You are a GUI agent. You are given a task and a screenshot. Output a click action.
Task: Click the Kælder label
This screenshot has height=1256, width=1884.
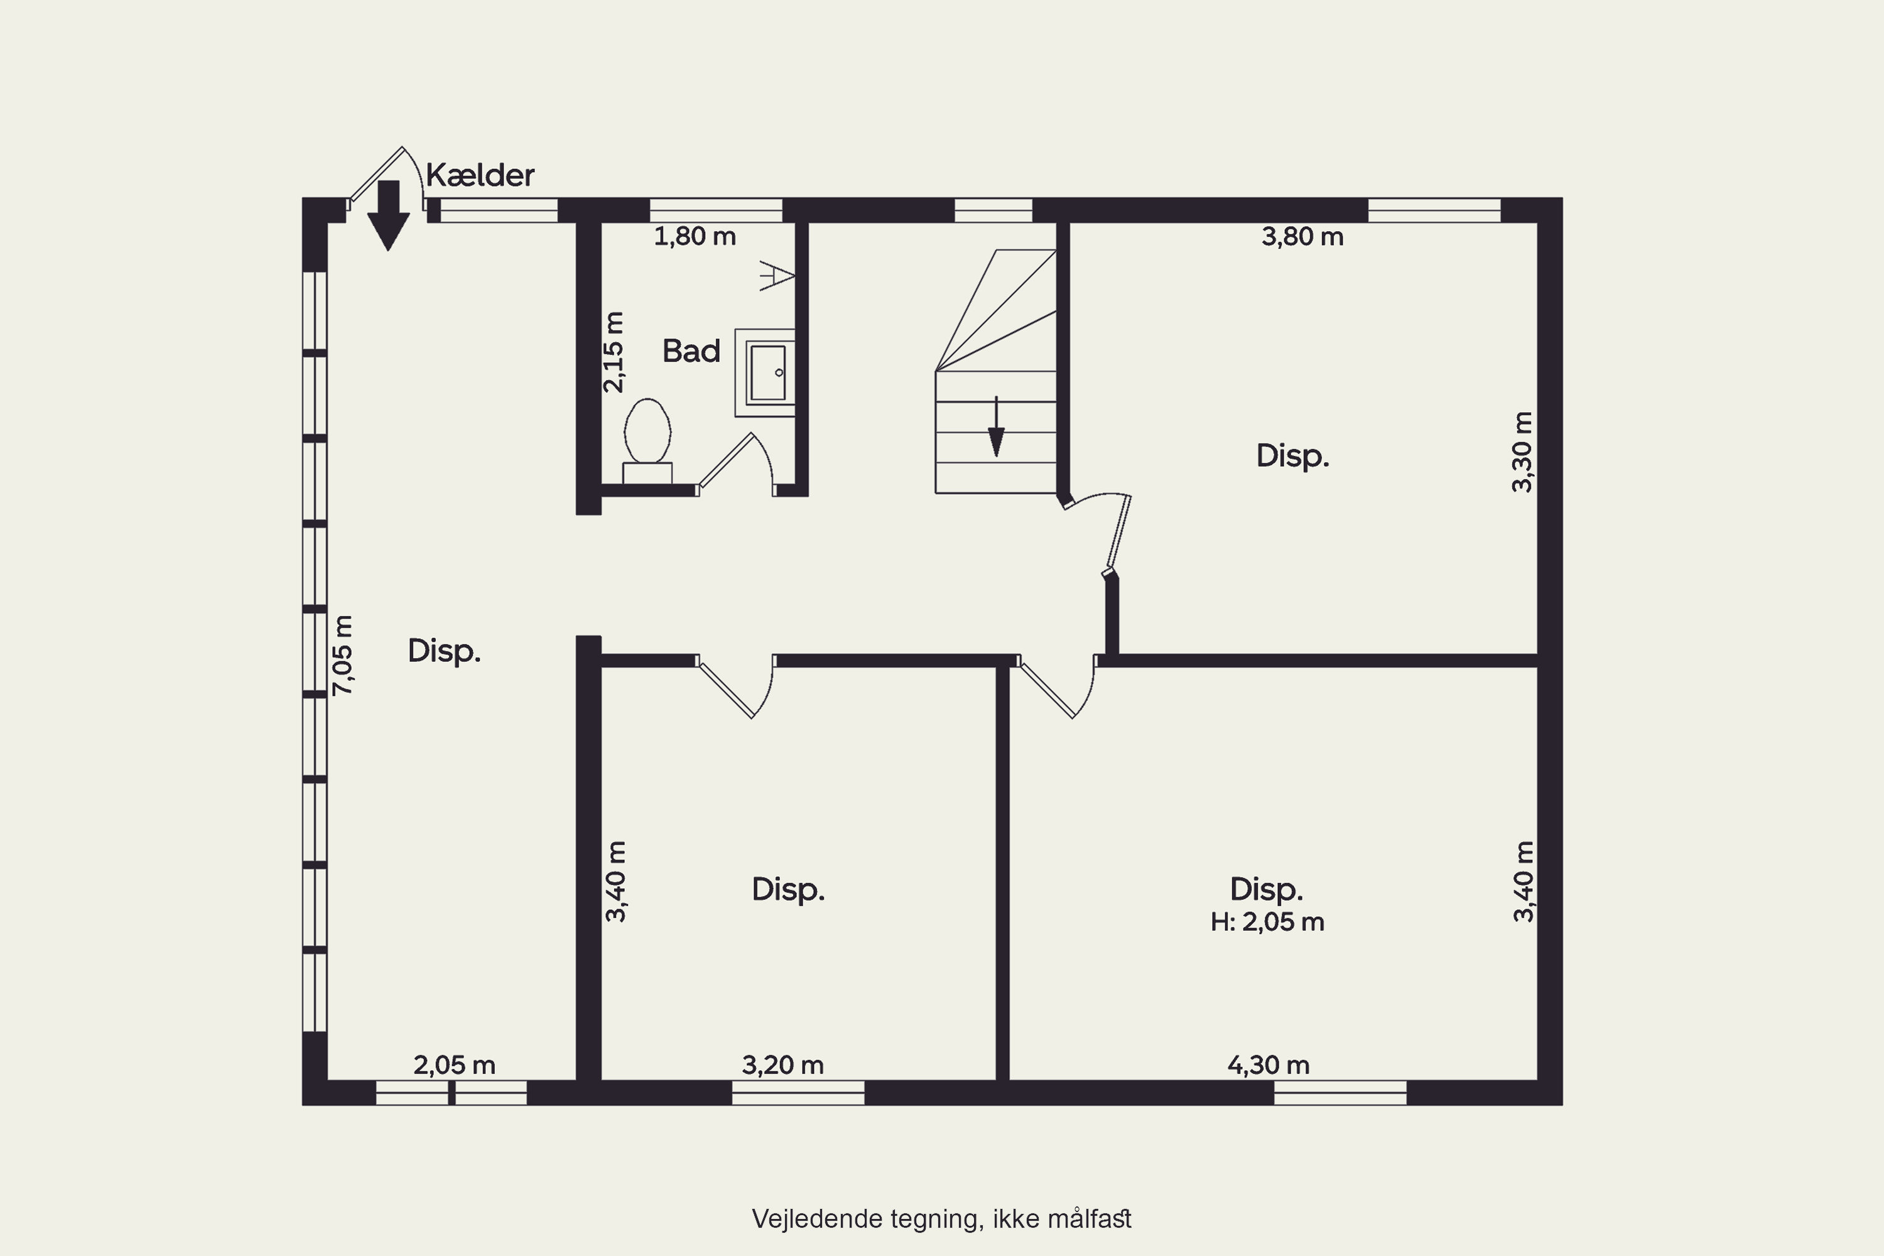click(x=480, y=175)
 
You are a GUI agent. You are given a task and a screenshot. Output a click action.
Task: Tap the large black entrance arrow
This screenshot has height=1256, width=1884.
click(x=389, y=215)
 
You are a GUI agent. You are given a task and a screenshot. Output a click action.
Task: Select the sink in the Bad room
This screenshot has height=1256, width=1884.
click(x=766, y=372)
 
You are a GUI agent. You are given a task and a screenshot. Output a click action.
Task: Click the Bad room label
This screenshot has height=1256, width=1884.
click(x=691, y=351)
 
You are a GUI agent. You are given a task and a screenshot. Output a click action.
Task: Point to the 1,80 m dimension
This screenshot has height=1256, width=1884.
click(x=695, y=236)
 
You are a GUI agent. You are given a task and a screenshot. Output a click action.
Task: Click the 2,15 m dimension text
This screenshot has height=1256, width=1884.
click(x=613, y=352)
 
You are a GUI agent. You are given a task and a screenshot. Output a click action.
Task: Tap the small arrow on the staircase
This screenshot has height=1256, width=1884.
click(x=995, y=426)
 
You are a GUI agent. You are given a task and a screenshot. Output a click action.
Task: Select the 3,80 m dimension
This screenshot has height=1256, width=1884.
click(x=1302, y=236)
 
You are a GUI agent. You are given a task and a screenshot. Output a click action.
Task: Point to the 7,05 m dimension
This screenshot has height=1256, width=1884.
click(x=342, y=654)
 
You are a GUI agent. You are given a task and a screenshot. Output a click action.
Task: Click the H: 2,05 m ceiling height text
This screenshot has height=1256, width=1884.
click(x=1267, y=922)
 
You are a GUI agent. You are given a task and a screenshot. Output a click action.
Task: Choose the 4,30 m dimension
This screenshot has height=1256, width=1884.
click(x=1269, y=1064)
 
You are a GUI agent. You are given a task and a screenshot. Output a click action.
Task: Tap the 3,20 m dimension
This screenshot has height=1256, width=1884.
click(x=782, y=1064)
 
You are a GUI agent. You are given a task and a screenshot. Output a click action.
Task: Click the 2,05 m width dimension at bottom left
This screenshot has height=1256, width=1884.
click(x=454, y=1064)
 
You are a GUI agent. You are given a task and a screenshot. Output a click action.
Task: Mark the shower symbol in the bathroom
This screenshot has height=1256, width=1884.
click(x=777, y=276)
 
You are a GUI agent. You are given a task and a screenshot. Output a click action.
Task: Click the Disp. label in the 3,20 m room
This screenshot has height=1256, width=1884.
click(x=788, y=889)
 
